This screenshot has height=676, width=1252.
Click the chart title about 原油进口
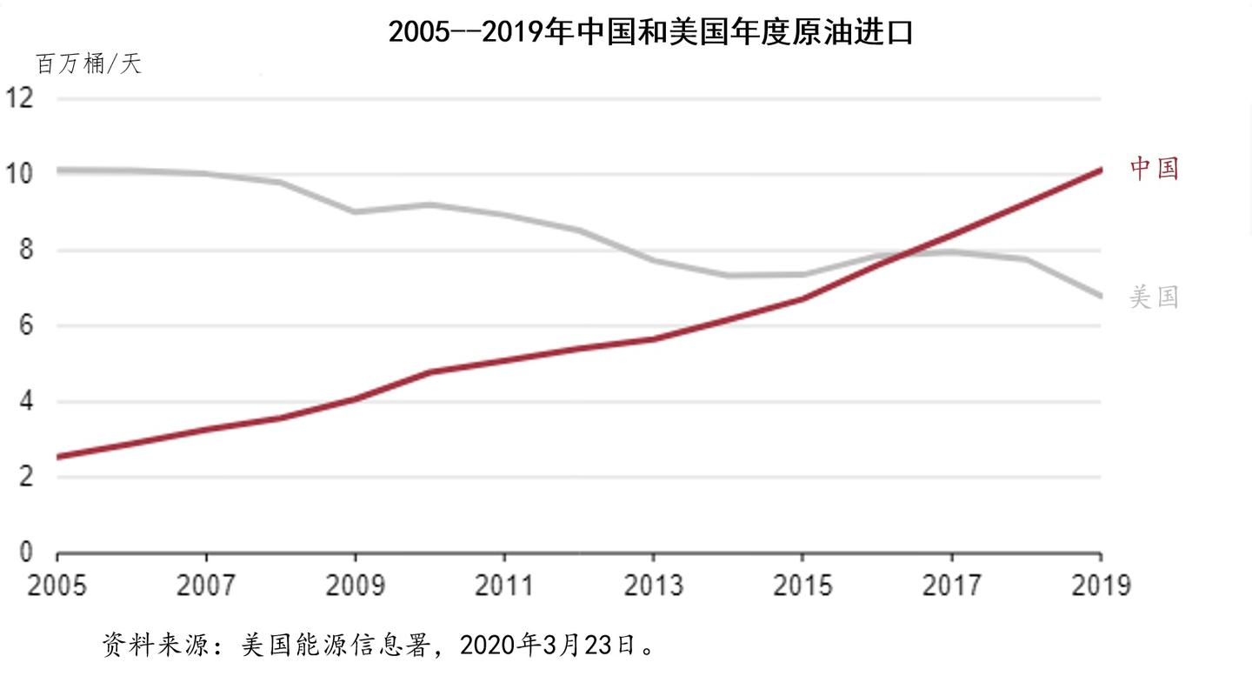pyautogui.click(x=651, y=32)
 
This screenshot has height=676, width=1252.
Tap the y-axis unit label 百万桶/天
pyautogui.click(x=89, y=64)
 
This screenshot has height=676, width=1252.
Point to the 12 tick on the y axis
pyautogui.click(x=19, y=97)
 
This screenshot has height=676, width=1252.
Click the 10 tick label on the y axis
pyautogui.click(x=19, y=173)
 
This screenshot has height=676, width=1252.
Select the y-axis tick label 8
pyautogui.click(x=26, y=250)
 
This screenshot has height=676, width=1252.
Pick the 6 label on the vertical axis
pyautogui.click(x=26, y=325)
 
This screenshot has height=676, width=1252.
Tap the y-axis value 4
pyautogui.click(x=26, y=401)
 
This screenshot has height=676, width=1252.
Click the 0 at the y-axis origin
pyautogui.click(x=26, y=552)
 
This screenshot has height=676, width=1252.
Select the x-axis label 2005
pyautogui.click(x=57, y=586)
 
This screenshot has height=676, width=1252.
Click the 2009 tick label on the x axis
pyautogui.click(x=356, y=586)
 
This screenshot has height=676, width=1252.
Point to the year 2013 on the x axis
pyautogui.click(x=654, y=586)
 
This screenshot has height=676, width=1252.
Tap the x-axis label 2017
pyautogui.click(x=952, y=586)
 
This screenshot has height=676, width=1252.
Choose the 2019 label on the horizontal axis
pyautogui.click(x=1101, y=586)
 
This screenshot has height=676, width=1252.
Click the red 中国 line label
pyautogui.click(x=1155, y=168)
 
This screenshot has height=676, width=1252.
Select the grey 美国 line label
pyautogui.click(x=1155, y=297)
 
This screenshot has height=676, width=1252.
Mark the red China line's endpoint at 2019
pyautogui.click(x=1101, y=170)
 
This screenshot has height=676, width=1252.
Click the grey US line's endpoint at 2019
pyautogui.click(x=1101, y=296)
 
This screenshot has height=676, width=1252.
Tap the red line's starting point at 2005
pyautogui.click(x=58, y=457)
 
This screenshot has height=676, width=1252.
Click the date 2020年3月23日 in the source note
pyautogui.click(x=548, y=646)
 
